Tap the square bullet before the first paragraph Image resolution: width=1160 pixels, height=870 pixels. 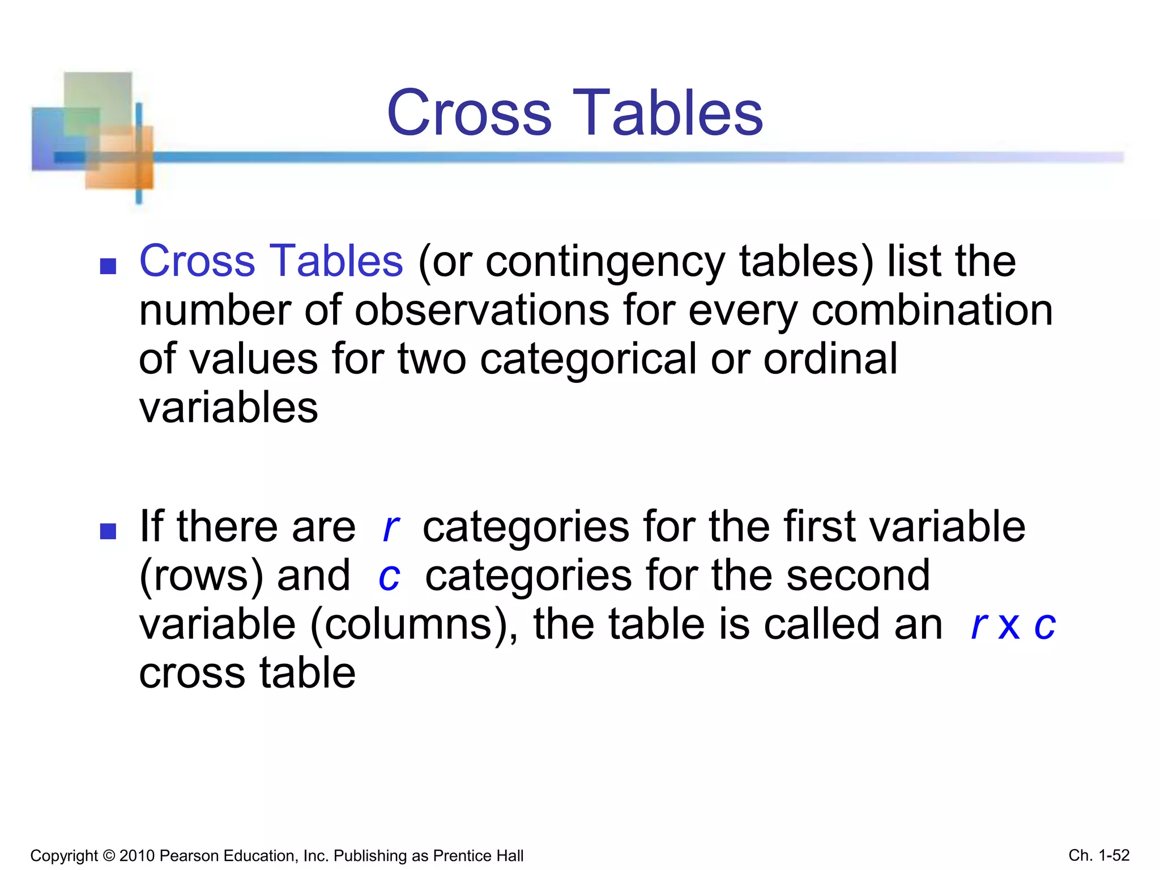pyautogui.click(x=108, y=266)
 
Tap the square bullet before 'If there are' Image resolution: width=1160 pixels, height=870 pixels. pyautogui.click(x=108, y=531)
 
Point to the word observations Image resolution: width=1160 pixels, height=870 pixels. pyautogui.click(x=482, y=311)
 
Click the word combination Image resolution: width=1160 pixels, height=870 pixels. pyautogui.click(x=932, y=311)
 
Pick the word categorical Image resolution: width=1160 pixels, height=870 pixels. pyautogui.click(x=588, y=360)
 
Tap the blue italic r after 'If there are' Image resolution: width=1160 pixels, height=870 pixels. pyautogui.click(x=390, y=528)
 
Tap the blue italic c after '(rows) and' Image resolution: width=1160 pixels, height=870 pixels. pyautogui.click(x=389, y=577)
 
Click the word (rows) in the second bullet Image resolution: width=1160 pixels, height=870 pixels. pyautogui.click(x=201, y=576)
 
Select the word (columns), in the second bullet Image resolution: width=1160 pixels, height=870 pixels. pyautogui.click(x=413, y=625)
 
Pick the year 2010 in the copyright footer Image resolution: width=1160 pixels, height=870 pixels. pyautogui.click(x=138, y=856)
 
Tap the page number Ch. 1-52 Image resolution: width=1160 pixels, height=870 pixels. pyautogui.click(x=1099, y=855)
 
